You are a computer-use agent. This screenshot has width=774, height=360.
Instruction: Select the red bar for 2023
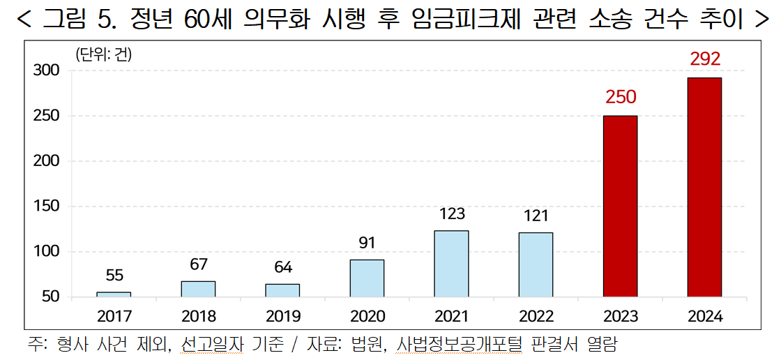click(x=620, y=206)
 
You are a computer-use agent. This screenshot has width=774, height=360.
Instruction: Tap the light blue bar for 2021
click(x=451, y=264)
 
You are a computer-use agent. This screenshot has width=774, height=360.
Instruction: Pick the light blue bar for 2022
click(x=536, y=264)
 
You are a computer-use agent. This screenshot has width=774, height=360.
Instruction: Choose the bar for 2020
click(x=367, y=278)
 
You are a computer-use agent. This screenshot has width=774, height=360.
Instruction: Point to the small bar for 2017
click(x=114, y=294)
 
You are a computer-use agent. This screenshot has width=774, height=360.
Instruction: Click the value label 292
click(x=705, y=59)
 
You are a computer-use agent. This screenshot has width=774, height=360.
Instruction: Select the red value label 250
click(x=621, y=97)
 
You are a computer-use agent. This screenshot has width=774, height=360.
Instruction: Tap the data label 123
click(x=452, y=213)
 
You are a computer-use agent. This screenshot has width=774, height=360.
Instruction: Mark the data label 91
click(x=367, y=243)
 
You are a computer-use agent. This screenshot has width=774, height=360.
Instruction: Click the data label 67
click(x=198, y=264)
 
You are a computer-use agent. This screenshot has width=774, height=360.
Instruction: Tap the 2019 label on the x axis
click(x=282, y=316)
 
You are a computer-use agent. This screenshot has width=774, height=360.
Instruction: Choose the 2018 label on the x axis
click(x=198, y=316)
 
